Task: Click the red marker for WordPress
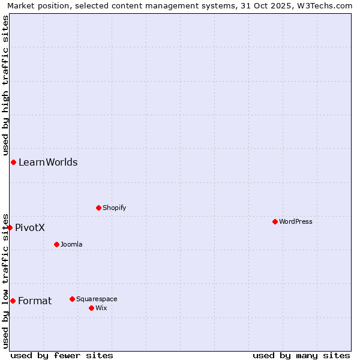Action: [x=275, y=221]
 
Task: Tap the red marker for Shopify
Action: [x=98, y=208]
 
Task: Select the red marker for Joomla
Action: [x=56, y=244]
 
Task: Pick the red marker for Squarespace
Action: [x=72, y=299]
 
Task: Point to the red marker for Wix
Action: [x=91, y=308]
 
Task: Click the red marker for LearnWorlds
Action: [x=13, y=162]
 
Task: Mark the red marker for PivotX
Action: [x=10, y=227]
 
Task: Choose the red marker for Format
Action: [x=13, y=301]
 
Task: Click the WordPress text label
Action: [x=296, y=221]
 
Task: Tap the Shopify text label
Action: [x=114, y=208]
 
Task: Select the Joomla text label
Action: [x=71, y=244]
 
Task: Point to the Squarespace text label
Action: [x=97, y=299]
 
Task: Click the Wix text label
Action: [x=101, y=308]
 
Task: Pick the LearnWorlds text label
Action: [x=48, y=162]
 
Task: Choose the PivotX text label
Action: [x=30, y=227]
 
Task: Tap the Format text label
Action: [x=35, y=301]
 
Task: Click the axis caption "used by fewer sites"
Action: [x=62, y=355]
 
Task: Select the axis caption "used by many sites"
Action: [x=301, y=355]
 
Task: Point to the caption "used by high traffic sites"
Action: [x=5, y=85]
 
